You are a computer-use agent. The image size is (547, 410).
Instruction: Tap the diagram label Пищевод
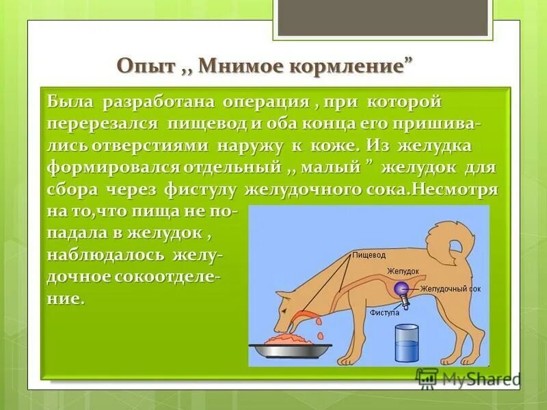[369, 255]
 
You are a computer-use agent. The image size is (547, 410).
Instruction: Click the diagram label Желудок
[403, 271]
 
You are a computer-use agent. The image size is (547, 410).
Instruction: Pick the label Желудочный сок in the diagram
[451, 289]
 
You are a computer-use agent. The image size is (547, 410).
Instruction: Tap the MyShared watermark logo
[468, 378]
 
